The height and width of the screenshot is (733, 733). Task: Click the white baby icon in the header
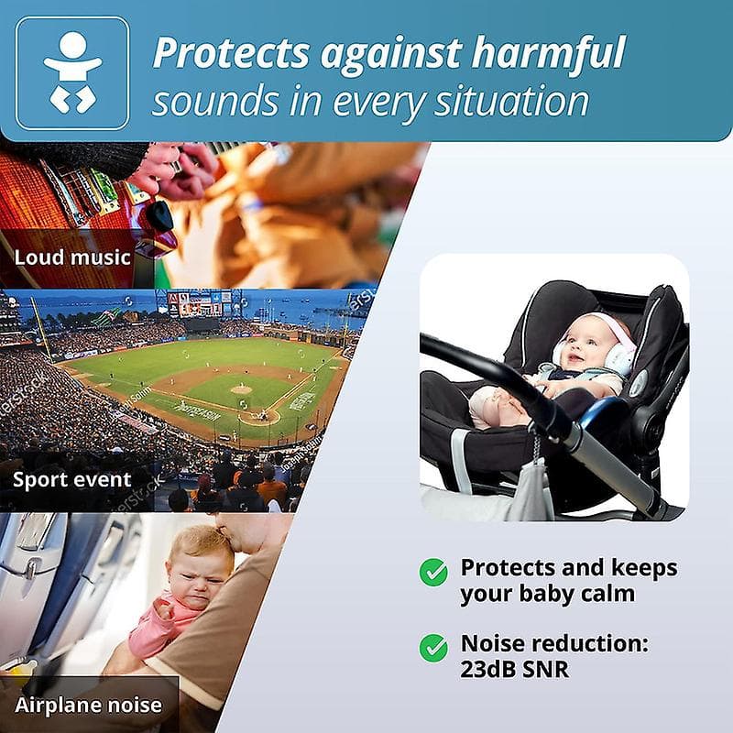click(x=72, y=72)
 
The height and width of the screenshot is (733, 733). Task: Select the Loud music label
click(x=72, y=256)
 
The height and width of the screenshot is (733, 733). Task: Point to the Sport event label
click(x=72, y=479)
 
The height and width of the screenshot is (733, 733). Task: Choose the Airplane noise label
click(x=88, y=705)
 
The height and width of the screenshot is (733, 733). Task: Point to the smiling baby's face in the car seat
click(x=586, y=344)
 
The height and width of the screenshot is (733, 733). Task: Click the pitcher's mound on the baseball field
click(x=240, y=388)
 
